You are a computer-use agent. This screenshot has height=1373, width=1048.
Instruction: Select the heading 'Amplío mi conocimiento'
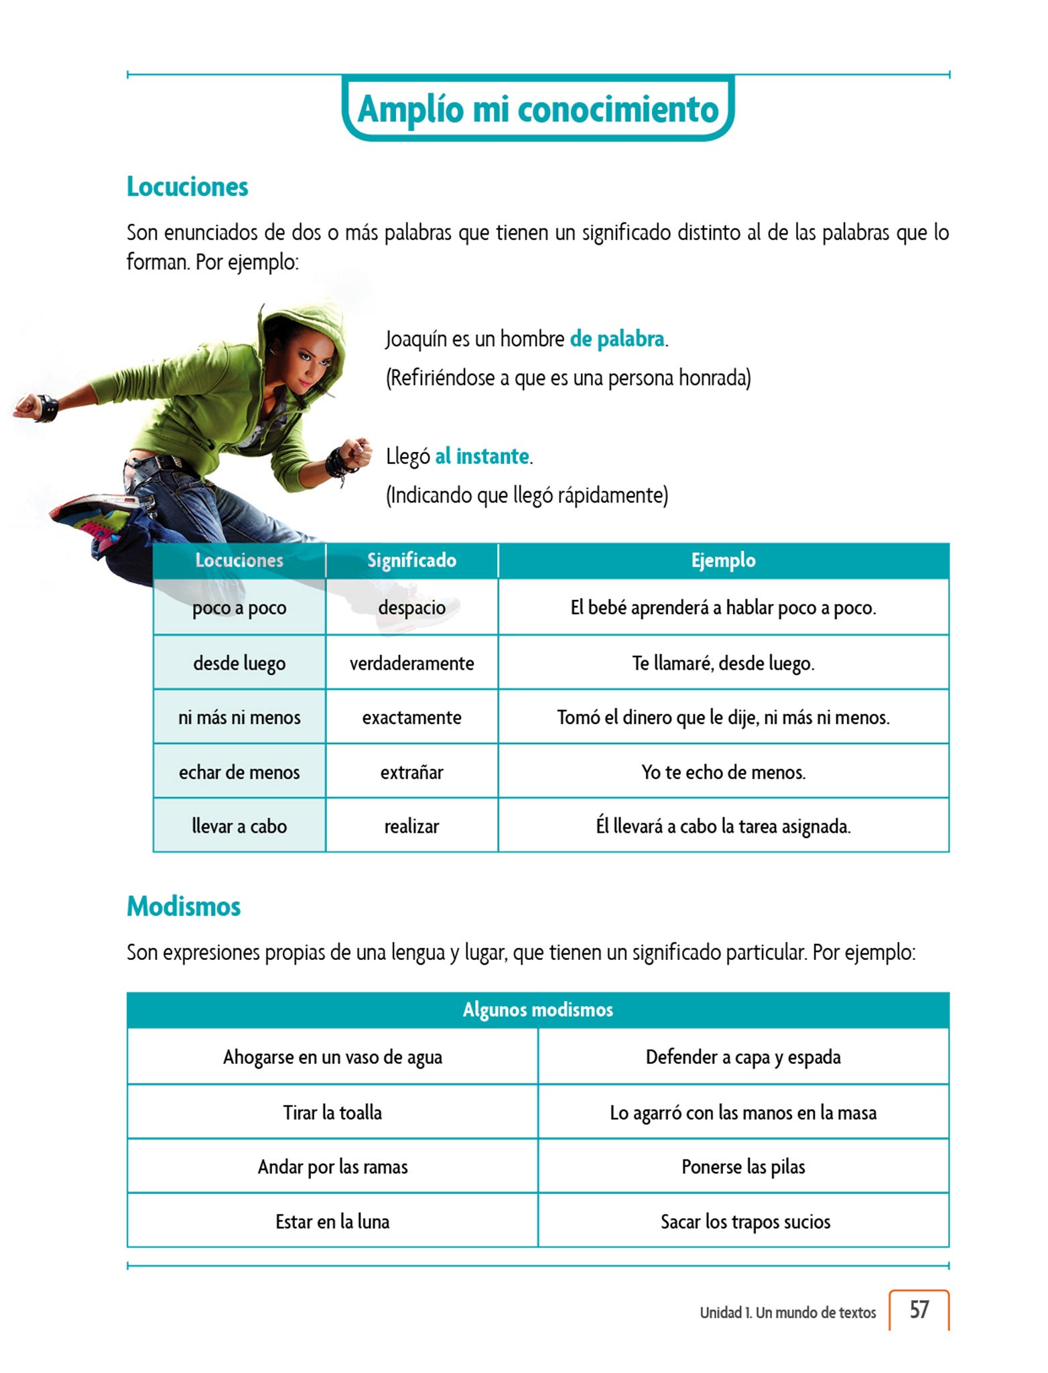(538, 109)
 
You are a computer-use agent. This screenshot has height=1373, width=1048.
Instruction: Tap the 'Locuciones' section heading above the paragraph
(188, 186)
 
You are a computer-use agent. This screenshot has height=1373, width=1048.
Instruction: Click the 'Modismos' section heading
(184, 906)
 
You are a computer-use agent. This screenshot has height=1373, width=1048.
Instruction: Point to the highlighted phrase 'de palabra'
(617, 339)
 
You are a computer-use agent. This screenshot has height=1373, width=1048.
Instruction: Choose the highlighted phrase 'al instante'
(482, 456)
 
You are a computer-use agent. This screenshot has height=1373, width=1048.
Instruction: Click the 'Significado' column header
(411, 560)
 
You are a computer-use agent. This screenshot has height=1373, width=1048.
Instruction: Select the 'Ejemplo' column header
(723, 560)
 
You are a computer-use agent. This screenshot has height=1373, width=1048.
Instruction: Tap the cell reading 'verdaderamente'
(411, 663)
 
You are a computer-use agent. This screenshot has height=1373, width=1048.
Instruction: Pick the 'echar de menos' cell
(239, 772)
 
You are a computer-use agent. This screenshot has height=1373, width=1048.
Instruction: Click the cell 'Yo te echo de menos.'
(723, 772)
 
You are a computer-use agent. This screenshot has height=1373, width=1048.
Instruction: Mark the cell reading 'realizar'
(411, 826)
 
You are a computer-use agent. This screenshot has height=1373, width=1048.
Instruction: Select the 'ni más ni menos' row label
(239, 717)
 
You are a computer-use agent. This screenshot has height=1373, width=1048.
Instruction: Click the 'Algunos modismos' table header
(537, 1010)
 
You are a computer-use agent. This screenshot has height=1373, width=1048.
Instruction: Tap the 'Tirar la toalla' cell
(332, 1112)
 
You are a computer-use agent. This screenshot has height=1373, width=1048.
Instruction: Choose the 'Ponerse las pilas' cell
(743, 1167)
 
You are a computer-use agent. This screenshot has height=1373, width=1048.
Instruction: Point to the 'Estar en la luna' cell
(332, 1221)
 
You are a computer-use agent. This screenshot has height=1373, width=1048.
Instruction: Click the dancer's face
(310, 360)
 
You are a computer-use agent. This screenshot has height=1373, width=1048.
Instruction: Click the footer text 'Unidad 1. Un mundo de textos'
(787, 1312)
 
